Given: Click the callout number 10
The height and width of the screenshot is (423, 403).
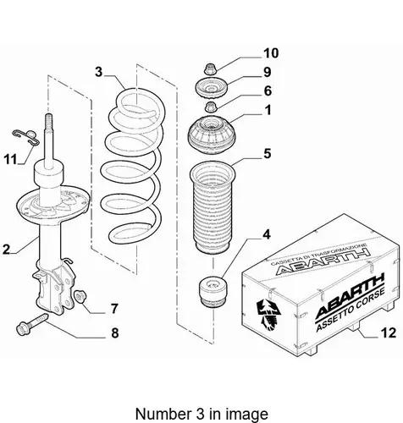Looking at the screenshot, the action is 271,53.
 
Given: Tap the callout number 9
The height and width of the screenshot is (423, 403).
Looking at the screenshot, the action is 267,72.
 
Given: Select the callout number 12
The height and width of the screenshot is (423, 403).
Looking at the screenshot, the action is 389,333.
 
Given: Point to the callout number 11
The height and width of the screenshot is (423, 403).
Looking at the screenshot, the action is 10,160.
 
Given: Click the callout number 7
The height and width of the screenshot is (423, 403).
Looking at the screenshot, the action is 114,309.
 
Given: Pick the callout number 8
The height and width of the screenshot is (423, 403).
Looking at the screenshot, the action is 115,333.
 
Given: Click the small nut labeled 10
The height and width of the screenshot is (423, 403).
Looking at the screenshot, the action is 209,69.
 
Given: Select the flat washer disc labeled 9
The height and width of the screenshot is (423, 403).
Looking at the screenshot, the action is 210,89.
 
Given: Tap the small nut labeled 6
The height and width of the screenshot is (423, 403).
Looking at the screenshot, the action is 209,107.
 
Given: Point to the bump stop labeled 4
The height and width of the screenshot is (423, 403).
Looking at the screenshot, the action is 213,293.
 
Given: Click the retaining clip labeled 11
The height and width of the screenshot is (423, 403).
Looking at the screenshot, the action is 26,136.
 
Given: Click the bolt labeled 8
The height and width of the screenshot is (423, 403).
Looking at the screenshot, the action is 32,324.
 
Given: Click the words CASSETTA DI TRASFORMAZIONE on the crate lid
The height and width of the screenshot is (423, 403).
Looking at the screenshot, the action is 318,254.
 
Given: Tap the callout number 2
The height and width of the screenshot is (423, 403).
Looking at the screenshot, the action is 6,250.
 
